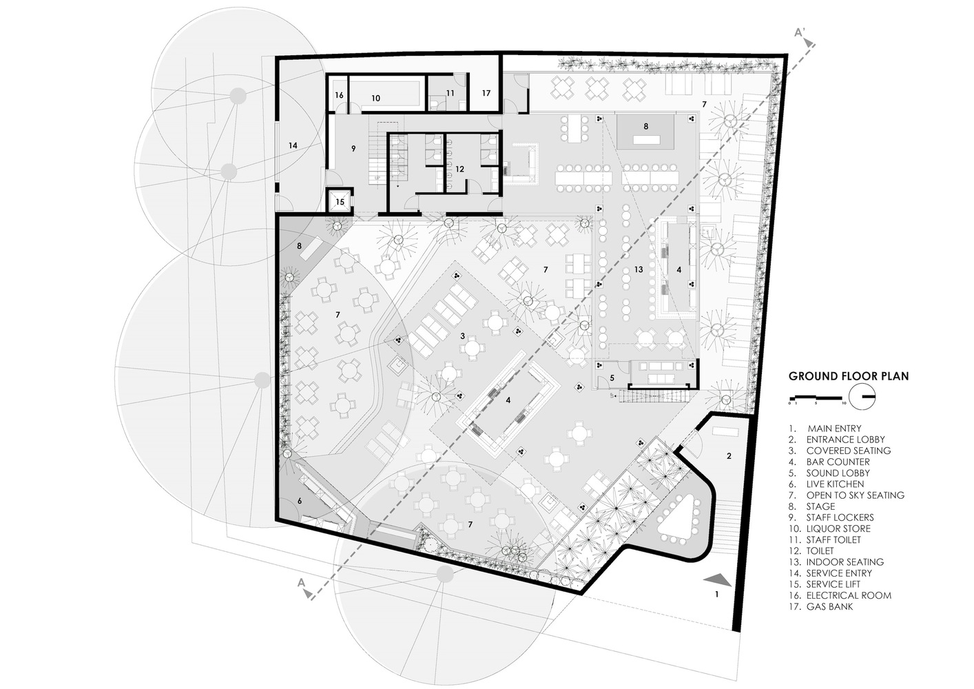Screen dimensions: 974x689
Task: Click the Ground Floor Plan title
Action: pyautogui.click(x=849, y=376)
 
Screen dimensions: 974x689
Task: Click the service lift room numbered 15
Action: pyautogui.click(x=340, y=201)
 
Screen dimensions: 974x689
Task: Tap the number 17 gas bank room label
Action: pyautogui.click(x=486, y=92)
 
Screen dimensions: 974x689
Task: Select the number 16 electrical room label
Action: pyautogui.click(x=339, y=95)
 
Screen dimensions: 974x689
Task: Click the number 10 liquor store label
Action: pyautogui.click(x=375, y=99)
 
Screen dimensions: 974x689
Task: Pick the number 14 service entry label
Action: pyautogui.click(x=293, y=145)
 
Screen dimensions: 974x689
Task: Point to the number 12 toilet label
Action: pyautogui.click(x=459, y=169)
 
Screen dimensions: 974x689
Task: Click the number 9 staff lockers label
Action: pyautogui.click(x=353, y=148)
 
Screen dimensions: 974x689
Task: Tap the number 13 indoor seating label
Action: pyautogui.click(x=638, y=269)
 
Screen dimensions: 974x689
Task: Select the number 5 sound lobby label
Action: pyautogui.click(x=612, y=378)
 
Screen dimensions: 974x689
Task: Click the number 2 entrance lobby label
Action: pyautogui.click(x=729, y=456)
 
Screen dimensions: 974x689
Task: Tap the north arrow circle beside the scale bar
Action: pyautogui.click(x=862, y=397)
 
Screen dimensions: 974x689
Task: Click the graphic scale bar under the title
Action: pyautogui.click(x=817, y=397)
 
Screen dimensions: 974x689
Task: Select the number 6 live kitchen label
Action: pyautogui.click(x=300, y=501)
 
